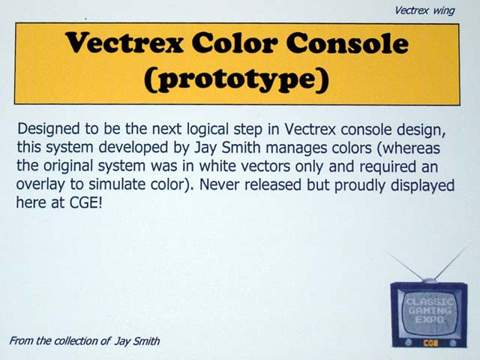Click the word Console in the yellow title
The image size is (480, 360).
[x=347, y=43]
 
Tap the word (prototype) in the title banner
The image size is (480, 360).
[x=237, y=79]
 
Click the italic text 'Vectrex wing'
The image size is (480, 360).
[x=424, y=10]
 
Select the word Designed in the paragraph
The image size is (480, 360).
[x=49, y=129]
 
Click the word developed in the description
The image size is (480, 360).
[x=133, y=148]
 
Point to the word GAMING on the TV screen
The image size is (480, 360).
[x=430, y=311]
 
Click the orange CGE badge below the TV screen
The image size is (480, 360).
[x=430, y=343]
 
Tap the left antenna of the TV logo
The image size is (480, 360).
[x=403, y=265]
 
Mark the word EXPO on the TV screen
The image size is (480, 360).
[x=430, y=320]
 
